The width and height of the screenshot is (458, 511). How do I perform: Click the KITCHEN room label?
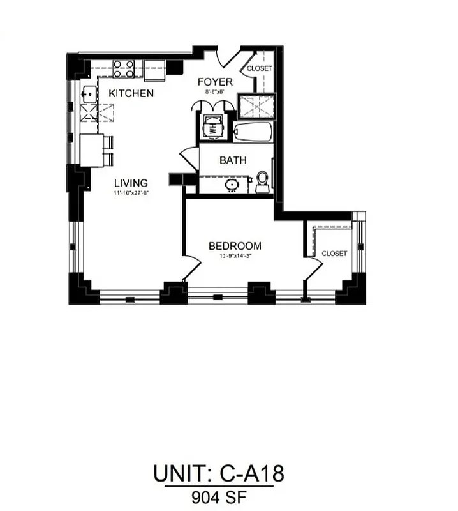tap(131, 93)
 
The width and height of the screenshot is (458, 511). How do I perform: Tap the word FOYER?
tap(214, 82)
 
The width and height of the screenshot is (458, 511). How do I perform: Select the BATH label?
tap(233, 160)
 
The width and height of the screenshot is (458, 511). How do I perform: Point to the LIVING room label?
tap(131, 183)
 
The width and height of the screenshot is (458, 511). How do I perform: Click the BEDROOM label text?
tap(235, 246)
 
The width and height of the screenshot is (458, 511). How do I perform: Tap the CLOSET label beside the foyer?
tap(260, 68)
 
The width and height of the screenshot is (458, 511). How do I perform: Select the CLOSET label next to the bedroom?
tap(334, 254)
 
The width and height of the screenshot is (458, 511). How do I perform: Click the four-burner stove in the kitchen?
tap(123, 68)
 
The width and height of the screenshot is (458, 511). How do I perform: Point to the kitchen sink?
tap(88, 95)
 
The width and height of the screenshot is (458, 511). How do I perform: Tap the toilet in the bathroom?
tap(262, 181)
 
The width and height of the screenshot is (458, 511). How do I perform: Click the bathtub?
tap(253, 132)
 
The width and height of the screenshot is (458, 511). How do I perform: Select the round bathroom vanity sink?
tap(232, 185)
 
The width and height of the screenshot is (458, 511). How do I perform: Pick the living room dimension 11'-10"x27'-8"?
tap(130, 192)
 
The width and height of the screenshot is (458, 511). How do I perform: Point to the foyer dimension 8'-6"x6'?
tap(214, 92)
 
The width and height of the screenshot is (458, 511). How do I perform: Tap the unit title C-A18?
tap(218, 474)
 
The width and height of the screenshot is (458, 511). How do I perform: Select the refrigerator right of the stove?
tap(154, 70)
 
